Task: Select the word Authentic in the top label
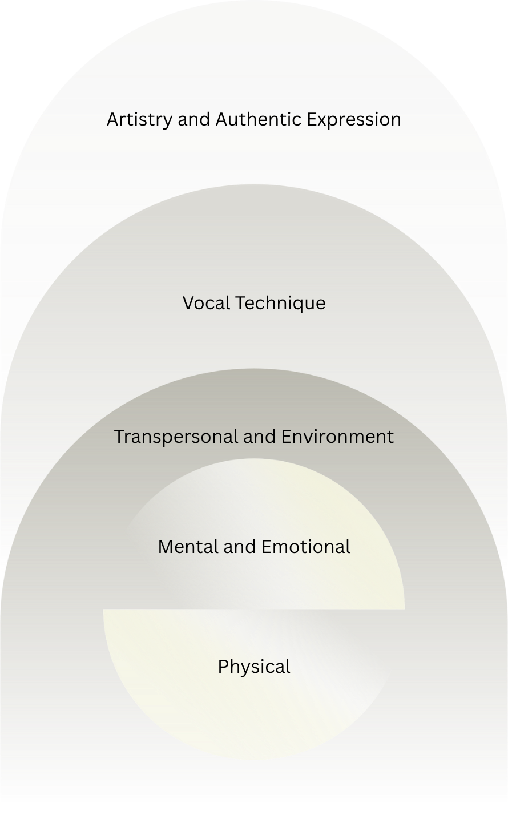click(259, 120)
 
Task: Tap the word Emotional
click(306, 547)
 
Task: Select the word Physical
click(254, 667)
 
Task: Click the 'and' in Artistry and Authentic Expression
click(195, 120)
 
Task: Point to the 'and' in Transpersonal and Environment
click(257, 437)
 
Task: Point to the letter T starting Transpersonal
click(119, 437)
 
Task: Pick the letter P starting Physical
click(223, 667)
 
